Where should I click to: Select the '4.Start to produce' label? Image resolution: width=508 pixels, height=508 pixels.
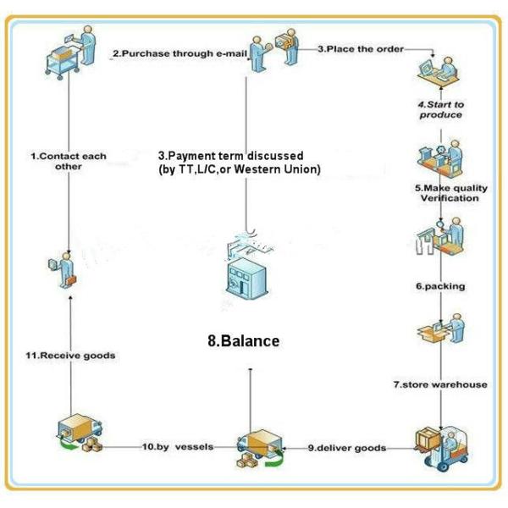coord(441,109)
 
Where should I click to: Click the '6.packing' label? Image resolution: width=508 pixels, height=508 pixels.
coord(440,286)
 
